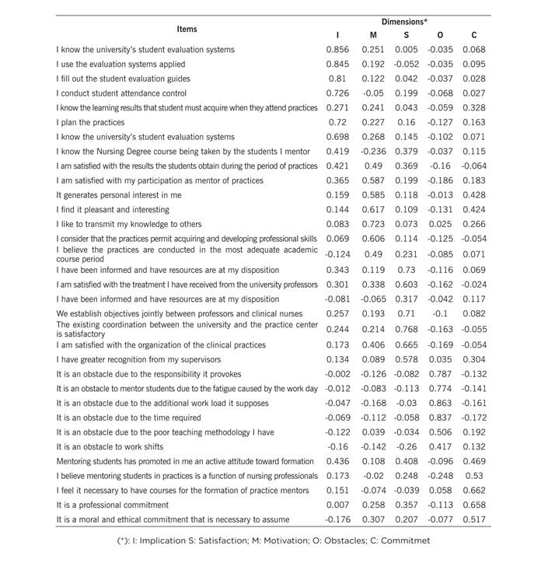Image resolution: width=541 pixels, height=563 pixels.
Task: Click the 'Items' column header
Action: (187, 29)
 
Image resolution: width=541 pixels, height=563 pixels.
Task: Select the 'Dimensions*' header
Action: (405, 22)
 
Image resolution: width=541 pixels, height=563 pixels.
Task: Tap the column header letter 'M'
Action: (373, 36)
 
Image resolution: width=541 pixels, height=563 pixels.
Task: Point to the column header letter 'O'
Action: (441, 36)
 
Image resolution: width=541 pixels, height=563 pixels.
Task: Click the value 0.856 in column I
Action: (337, 50)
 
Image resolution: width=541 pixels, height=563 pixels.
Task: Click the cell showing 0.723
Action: (373, 224)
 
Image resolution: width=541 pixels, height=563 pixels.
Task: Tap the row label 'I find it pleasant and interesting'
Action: (113, 210)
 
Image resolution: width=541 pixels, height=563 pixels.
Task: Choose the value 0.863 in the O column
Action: (441, 403)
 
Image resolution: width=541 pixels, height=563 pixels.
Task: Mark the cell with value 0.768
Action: (406, 329)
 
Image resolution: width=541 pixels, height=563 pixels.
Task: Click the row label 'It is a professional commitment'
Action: (113, 505)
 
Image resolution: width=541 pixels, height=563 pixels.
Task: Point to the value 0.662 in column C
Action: (474, 490)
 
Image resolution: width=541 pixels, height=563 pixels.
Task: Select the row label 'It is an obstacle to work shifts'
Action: (110, 446)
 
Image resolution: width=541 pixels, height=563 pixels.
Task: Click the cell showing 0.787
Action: (441, 373)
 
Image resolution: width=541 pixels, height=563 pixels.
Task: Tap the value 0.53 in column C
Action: (474, 475)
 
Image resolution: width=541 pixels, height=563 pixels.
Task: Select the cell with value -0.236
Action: (373, 152)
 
